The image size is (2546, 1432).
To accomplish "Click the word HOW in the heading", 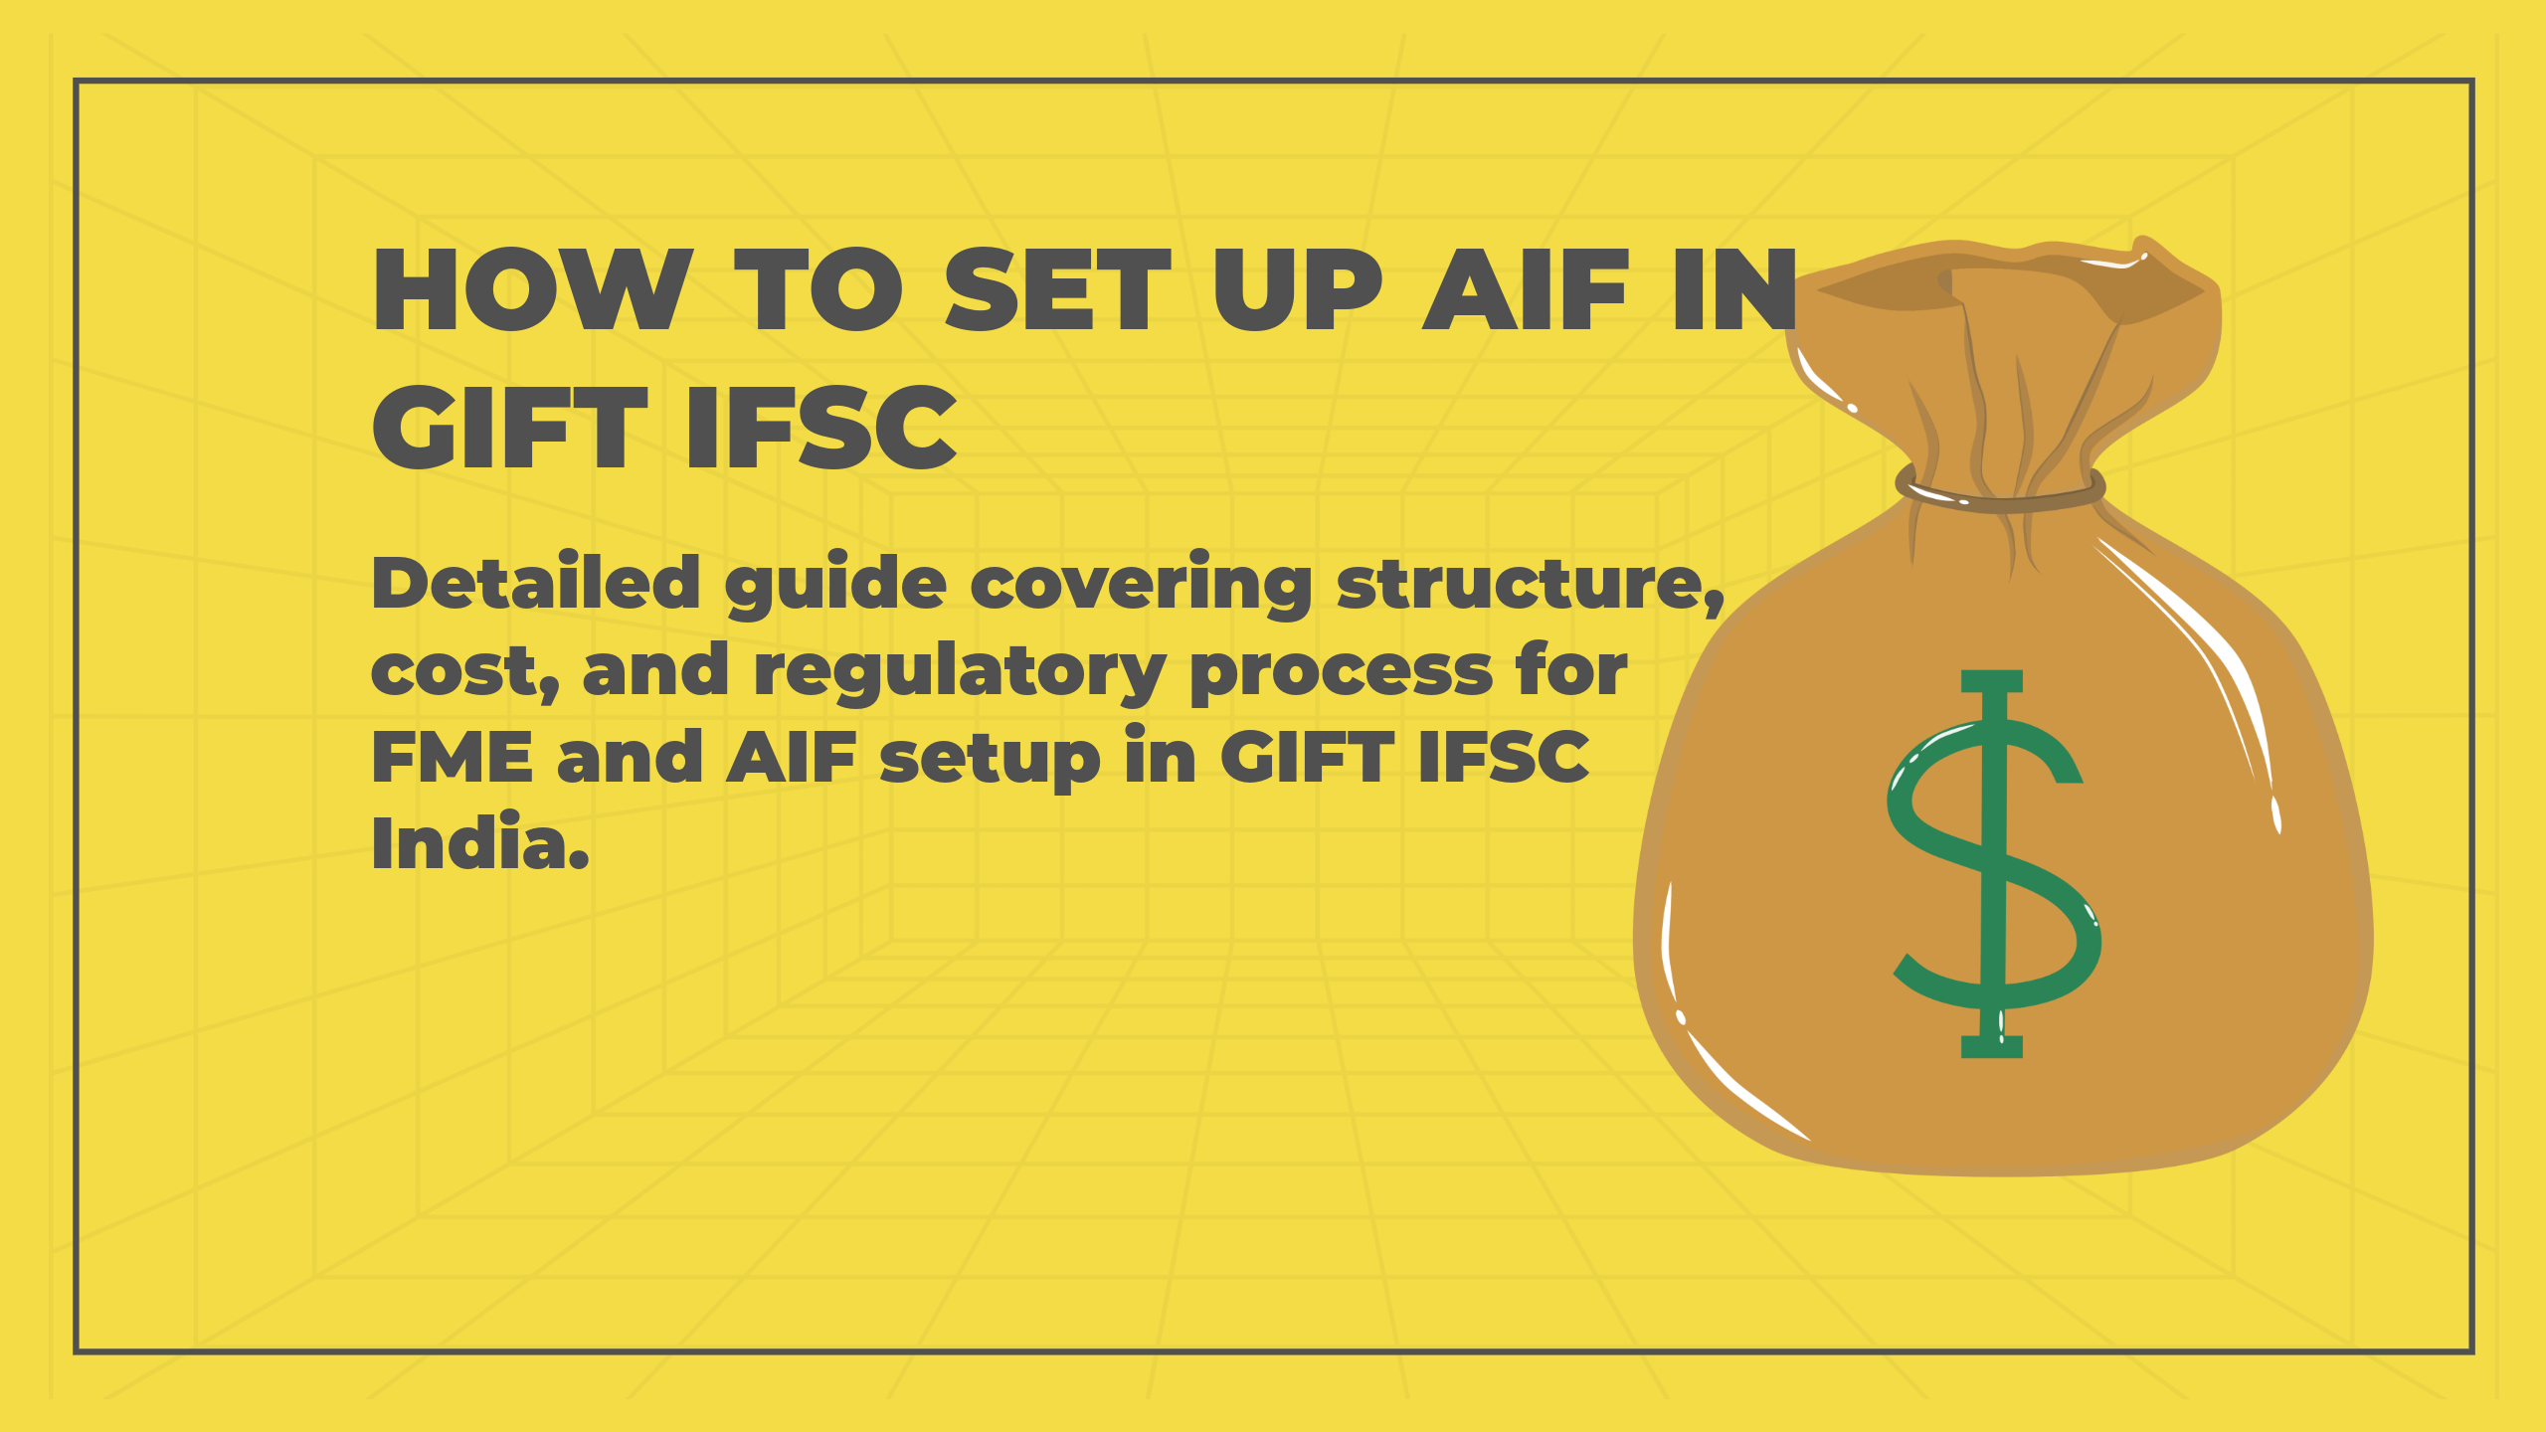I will point(532,290).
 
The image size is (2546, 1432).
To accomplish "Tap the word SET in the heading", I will point(1057,290).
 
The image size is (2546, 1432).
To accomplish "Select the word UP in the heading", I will point(1297,290).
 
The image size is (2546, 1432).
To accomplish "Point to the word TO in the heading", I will point(818,290).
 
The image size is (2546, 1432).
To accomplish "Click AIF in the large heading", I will point(1526,290).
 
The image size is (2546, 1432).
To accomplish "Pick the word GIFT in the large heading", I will point(509,429).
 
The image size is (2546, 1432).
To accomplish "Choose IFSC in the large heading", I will point(821,429).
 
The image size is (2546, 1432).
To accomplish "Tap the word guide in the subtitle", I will point(835,585).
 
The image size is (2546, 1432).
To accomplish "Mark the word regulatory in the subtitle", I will point(959,672).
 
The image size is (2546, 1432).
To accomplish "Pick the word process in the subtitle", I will point(1341,672).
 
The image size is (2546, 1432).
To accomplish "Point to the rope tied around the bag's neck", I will point(2000,491).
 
